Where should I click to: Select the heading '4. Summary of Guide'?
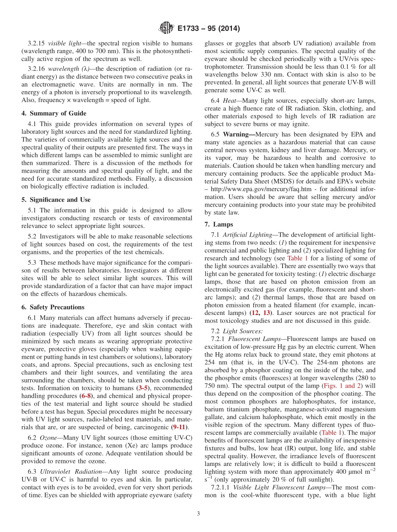click(53, 113)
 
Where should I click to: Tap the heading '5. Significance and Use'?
click(56, 199)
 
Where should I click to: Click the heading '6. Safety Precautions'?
click(53, 307)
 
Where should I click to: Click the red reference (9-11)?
click(181, 427)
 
